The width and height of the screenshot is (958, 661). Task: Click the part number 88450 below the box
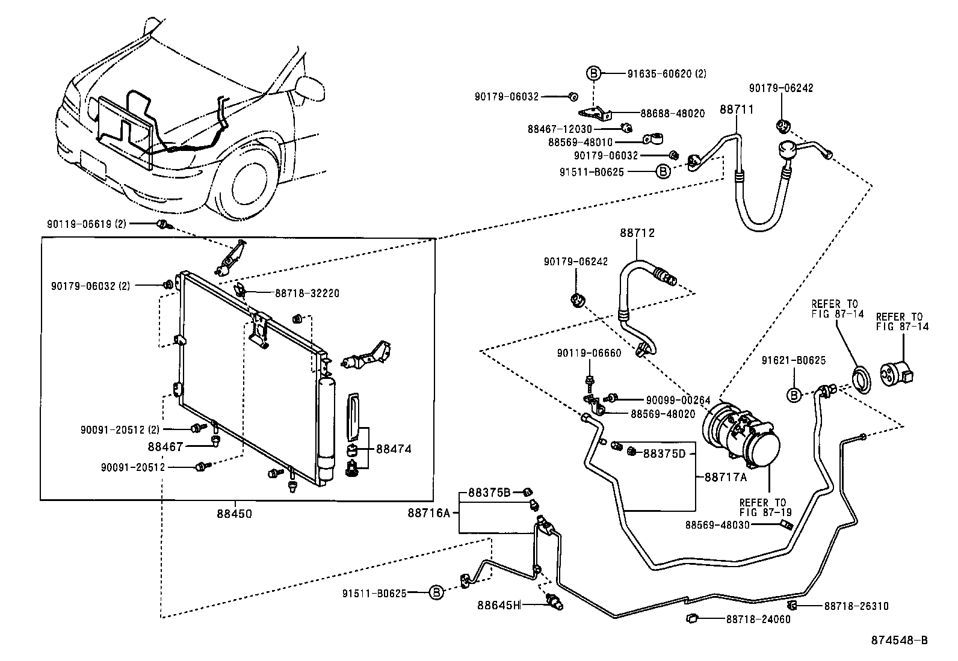click(x=234, y=514)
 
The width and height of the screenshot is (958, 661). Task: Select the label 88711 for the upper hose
click(x=737, y=109)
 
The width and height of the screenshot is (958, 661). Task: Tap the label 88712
click(x=637, y=233)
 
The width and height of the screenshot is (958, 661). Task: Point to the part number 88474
click(x=394, y=449)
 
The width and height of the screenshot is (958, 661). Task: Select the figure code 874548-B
click(x=899, y=641)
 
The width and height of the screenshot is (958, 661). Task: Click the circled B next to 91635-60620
click(x=593, y=73)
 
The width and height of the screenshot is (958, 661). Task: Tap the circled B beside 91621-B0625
click(x=794, y=395)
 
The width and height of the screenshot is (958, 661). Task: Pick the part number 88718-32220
click(x=307, y=294)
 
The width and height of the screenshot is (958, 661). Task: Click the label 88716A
click(x=428, y=512)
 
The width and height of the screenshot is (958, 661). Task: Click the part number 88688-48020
click(x=672, y=113)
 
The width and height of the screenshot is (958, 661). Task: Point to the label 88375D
click(x=664, y=453)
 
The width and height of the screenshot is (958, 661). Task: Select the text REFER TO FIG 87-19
click(x=763, y=507)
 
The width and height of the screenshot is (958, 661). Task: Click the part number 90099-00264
click(x=678, y=400)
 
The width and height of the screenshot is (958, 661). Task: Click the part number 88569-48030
click(x=717, y=524)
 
